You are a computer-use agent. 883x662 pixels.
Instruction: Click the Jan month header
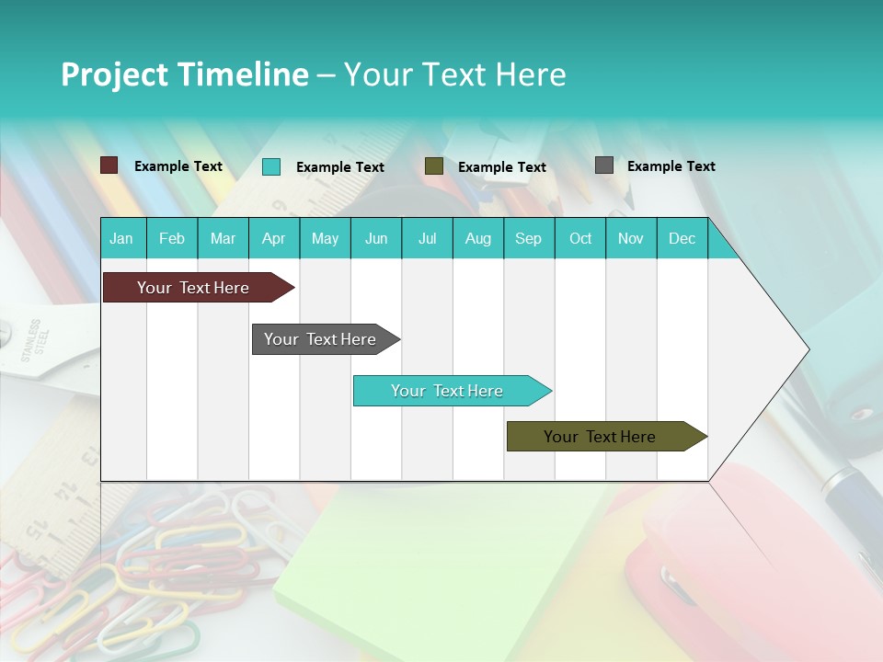pyautogui.click(x=121, y=238)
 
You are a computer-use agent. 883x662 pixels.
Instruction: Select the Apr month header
pyautogui.click(x=273, y=238)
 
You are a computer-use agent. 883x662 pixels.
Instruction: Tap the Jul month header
pyautogui.click(x=427, y=238)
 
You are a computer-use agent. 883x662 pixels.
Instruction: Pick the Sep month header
pyautogui.click(x=528, y=238)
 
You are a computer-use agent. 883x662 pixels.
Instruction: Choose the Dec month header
pyautogui.click(x=682, y=238)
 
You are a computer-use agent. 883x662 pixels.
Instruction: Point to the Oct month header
pyautogui.click(x=580, y=238)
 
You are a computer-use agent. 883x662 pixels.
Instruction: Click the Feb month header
pyautogui.click(x=172, y=238)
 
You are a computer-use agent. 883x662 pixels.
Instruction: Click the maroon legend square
pyautogui.click(x=109, y=165)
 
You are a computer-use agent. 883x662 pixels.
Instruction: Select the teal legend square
pyautogui.click(x=271, y=166)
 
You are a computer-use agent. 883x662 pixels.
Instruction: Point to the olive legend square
pyautogui.click(x=434, y=166)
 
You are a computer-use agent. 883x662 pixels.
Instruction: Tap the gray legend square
pyautogui.click(x=604, y=165)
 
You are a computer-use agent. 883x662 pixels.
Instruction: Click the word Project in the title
pyautogui.click(x=113, y=74)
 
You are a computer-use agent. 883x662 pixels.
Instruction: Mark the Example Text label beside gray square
pyautogui.click(x=671, y=166)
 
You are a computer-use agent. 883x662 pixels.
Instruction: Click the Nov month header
pyautogui.click(x=631, y=238)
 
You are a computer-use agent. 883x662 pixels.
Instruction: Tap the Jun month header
pyautogui.click(x=376, y=238)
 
